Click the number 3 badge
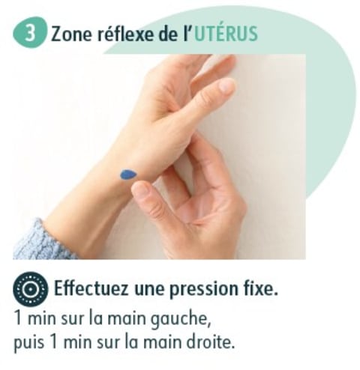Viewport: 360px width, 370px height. click(30, 33)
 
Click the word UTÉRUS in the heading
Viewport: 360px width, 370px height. click(226, 34)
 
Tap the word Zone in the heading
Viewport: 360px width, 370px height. click(71, 34)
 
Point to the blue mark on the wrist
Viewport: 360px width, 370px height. click(128, 175)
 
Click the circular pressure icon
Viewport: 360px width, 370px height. click(30, 289)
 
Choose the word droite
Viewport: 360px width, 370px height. click(211, 341)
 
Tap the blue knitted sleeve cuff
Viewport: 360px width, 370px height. click(41, 240)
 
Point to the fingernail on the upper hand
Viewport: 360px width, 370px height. click(226, 85)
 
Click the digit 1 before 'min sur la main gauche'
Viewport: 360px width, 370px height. click(18, 318)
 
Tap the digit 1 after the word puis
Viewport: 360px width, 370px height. click(54, 341)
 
